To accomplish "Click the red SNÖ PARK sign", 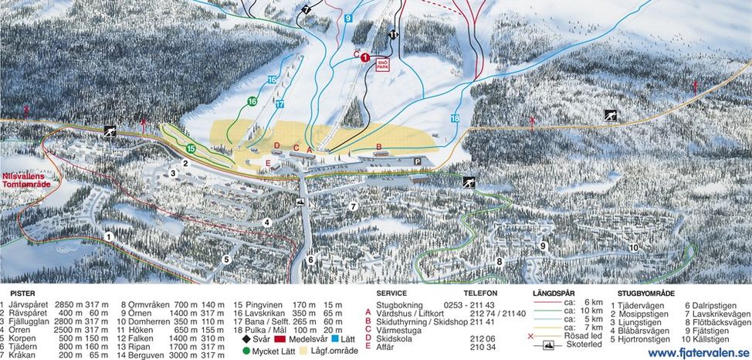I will pos(382,64).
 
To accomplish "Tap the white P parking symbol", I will pos(418,161).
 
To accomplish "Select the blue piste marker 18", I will pos(455,118).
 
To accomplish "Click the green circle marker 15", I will pos(191,148).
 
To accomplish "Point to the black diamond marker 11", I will pos(394,35).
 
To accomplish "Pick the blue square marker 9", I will pos(349,18).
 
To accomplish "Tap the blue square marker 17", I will pos(279,104).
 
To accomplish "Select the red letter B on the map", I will pos(378,145).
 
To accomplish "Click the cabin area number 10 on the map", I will pos(633,247).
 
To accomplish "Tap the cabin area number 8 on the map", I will pos(500,261).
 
